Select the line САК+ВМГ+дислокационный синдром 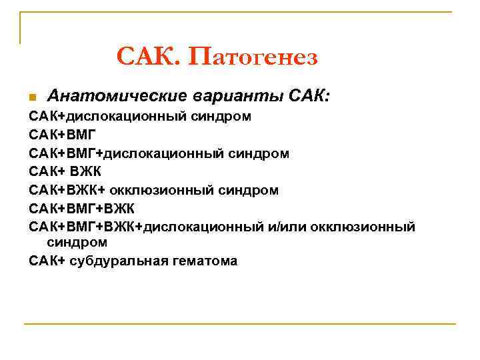coord(159,153)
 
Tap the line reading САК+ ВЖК coord(65,172)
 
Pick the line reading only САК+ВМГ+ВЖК coord(81,209)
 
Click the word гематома coord(203,261)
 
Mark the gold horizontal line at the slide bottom coord(240,324)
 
